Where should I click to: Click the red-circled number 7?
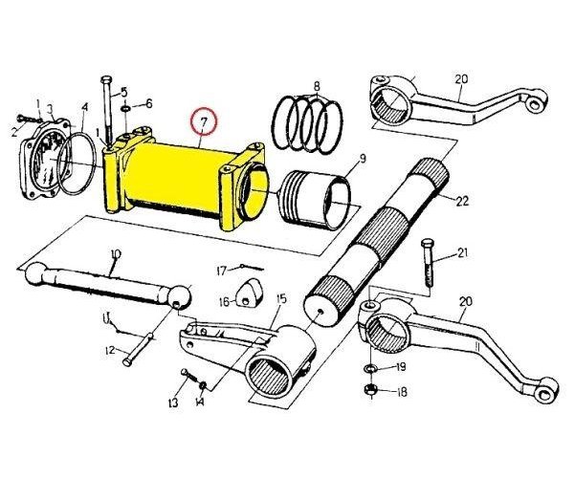(x=205, y=120)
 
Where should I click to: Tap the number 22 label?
(x=462, y=201)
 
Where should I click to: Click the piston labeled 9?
(x=316, y=201)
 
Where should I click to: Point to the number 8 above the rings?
(x=317, y=87)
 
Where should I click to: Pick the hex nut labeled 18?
(x=371, y=391)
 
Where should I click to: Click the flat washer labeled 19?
(x=371, y=368)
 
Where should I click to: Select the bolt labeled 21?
(x=428, y=263)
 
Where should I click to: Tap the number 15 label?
(x=281, y=299)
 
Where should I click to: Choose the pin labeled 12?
(x=138, y=349)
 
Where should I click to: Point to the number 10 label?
(x=116, y=253)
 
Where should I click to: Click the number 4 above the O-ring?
(x=84, y=107)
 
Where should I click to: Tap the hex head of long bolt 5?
(x=106, y=79)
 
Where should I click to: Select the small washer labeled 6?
(x=125, y=109)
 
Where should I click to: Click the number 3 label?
(x=50, y=109)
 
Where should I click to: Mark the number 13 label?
(x=173, y=402)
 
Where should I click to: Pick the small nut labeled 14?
(x=202, y=385)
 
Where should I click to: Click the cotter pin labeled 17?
(x=253, y=268)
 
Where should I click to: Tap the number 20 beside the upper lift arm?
(x=461, y=79)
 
